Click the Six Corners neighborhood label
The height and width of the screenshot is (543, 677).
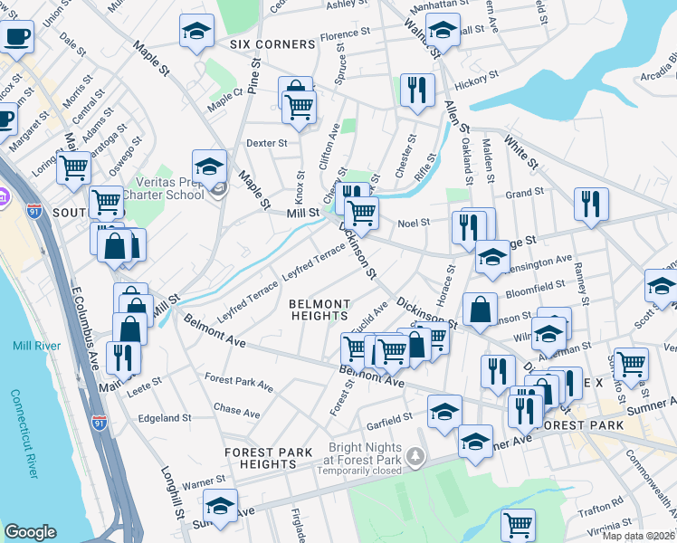pos(272,43)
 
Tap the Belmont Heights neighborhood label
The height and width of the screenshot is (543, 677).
pos(319,310)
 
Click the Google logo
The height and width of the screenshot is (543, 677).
pos(30,532)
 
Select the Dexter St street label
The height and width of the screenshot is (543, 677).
pos(266,143)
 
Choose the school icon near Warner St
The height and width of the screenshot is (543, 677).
pos(220,505)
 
